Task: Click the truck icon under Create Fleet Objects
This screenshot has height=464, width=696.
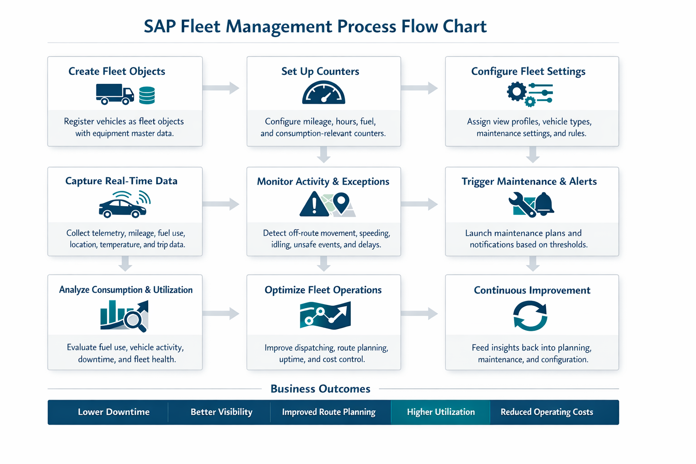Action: (x=114, y=94)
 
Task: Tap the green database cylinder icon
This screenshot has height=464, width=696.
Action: (x=147, y=96)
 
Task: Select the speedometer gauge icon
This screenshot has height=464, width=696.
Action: (x=324, y=93)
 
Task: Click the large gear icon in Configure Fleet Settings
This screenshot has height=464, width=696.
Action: (x=517, y=92)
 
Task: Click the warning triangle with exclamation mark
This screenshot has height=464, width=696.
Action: (x=314, y=205)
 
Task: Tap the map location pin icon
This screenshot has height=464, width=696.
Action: (x=341, y=202)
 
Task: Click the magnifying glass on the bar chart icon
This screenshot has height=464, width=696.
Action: (x=135, y=320)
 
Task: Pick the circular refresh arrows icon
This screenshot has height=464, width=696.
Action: (x=530, y=316)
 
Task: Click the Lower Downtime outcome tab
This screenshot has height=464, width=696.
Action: (x=113, y=412)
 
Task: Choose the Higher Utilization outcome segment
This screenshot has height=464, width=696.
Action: (x=440, y=412)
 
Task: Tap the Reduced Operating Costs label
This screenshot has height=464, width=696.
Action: (x=546, y=412)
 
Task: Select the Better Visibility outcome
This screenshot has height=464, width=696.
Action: (x=221, y=412)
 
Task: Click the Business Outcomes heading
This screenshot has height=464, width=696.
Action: (x=320, y=389)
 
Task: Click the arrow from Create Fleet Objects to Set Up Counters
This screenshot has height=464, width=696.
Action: (x=222, y=87)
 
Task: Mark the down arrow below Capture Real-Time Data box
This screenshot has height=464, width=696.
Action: (x=126, y=263)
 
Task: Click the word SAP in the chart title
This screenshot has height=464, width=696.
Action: (x=159, y=26)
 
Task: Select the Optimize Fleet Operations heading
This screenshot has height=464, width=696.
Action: (x=323, y=290)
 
